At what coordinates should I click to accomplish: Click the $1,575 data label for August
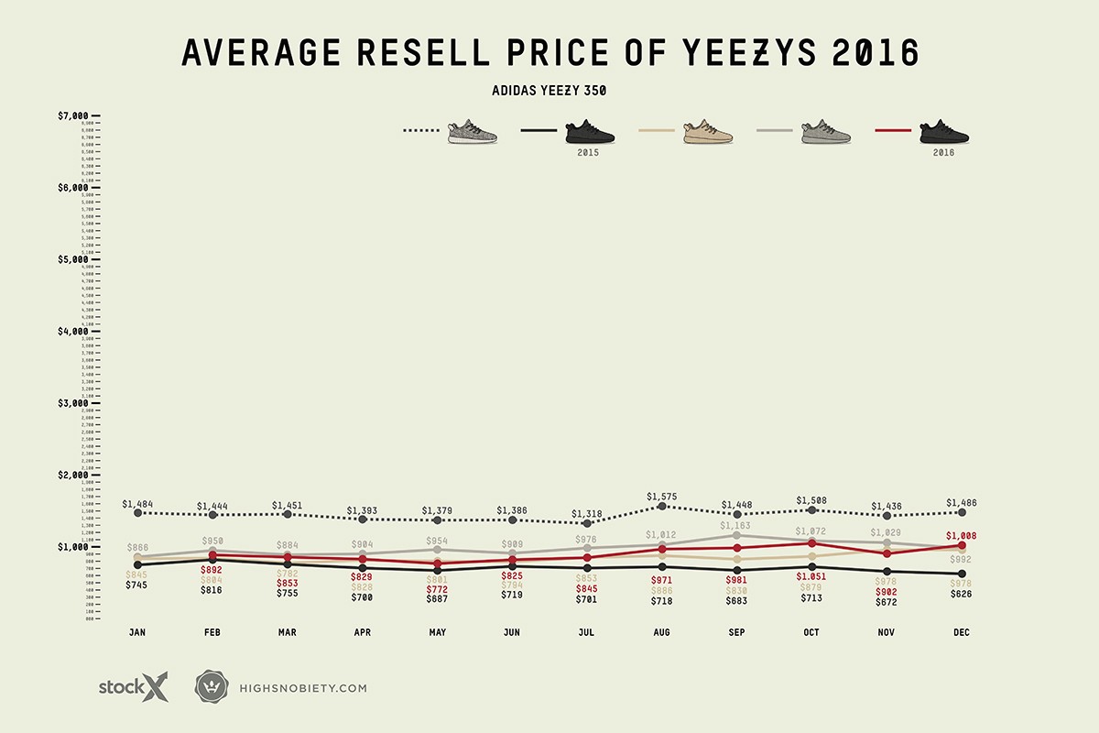point(662,497)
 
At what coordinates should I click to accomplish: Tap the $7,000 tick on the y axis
point(73,115)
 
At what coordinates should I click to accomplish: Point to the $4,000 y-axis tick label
point(73,331)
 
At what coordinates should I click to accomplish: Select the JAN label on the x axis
point(137,633)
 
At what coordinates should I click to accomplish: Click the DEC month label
point(961,633)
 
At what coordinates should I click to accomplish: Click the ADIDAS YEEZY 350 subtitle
point(549,91)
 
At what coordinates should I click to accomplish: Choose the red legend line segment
point(893,131)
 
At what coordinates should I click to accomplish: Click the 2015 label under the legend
point(588,152)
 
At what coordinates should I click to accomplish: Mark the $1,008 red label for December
point(961,537)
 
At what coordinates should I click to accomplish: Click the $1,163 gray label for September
point(737,526)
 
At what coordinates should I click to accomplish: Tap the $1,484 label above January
point(137,505)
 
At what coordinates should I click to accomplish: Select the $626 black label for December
point(961,594)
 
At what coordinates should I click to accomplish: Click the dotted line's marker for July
point(587,523)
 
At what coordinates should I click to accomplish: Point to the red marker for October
point(812,543)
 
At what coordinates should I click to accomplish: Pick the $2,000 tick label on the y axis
point(73,475)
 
